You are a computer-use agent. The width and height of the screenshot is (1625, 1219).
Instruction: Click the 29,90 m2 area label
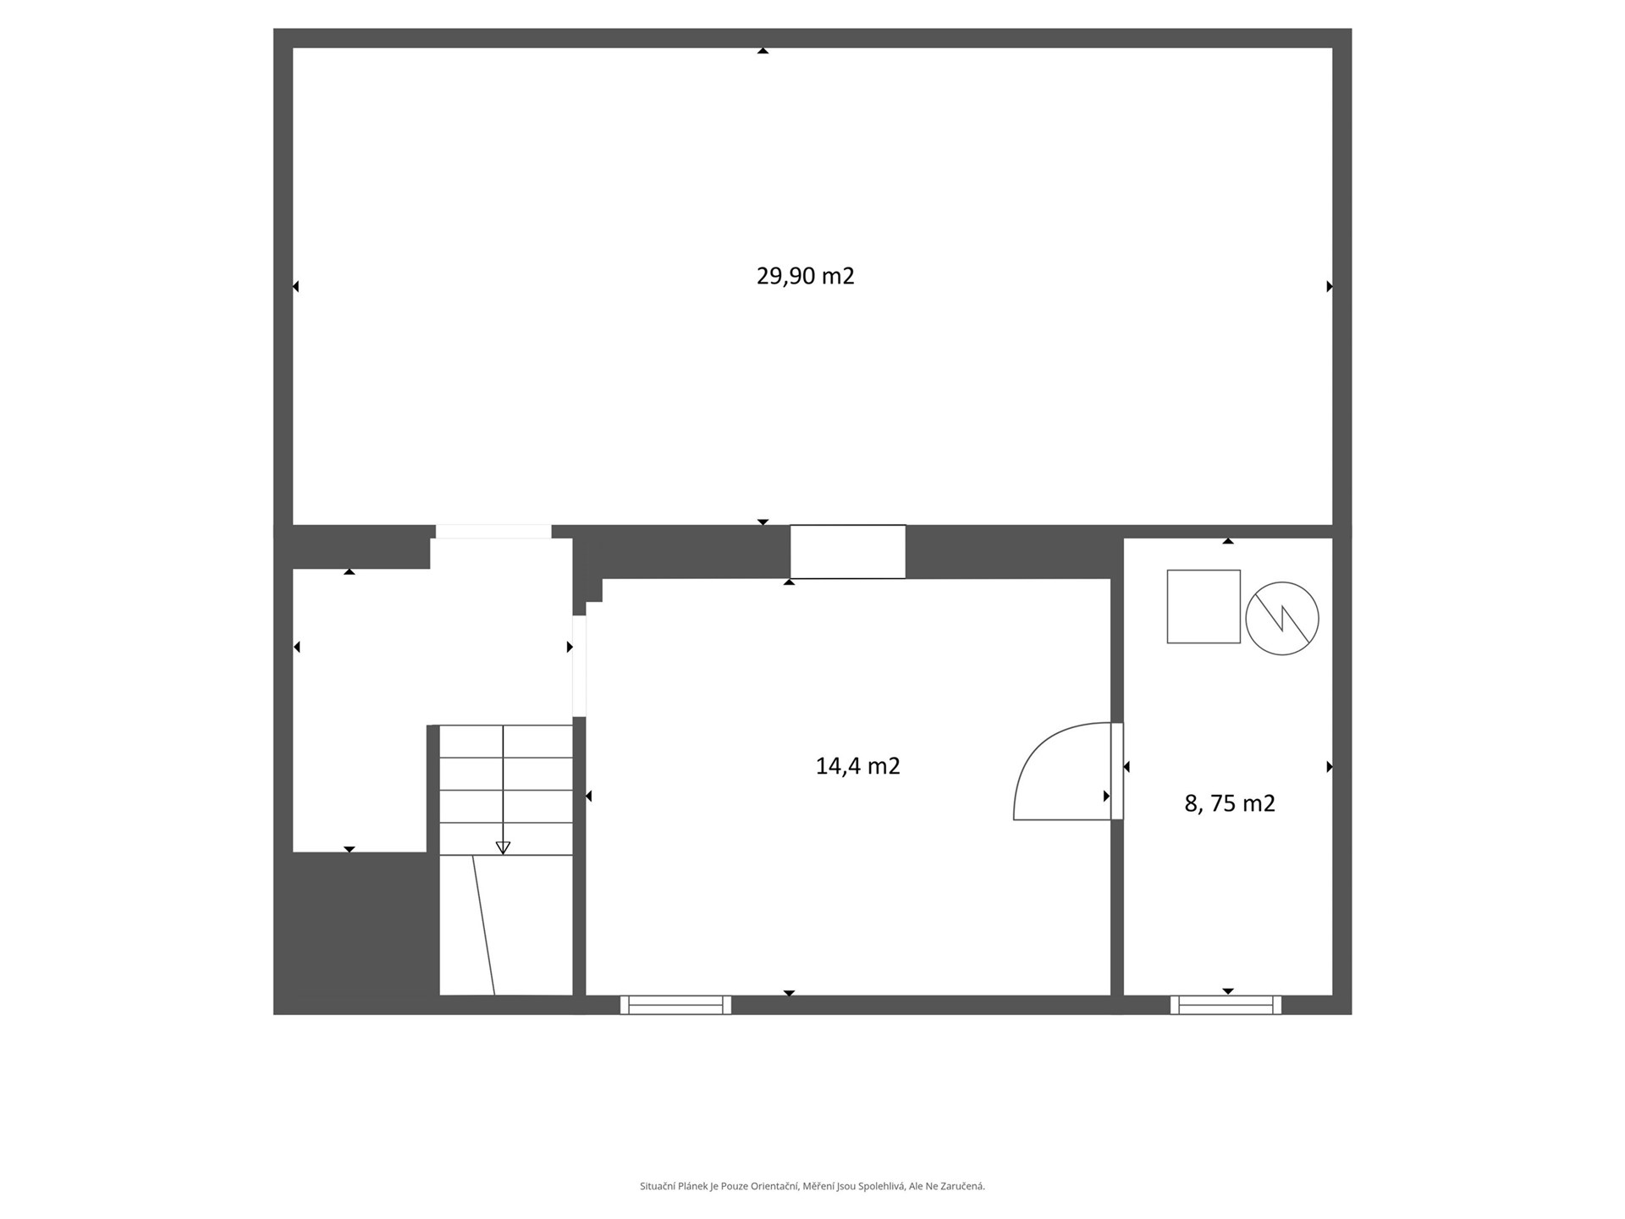point(805,276)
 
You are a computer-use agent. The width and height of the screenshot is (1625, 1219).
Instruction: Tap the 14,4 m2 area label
point(857,766)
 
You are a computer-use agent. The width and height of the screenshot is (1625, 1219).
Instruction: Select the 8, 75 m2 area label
point(1230,803)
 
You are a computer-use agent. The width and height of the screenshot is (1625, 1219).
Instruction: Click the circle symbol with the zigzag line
point(1282,618)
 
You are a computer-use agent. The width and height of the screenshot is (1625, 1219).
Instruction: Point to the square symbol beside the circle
point(1204,606)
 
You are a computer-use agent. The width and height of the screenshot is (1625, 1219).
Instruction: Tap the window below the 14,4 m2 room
point(675,1005)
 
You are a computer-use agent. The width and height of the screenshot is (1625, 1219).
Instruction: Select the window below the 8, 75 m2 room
point(1226,1005)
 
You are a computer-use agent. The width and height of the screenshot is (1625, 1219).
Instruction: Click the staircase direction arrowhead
point(503,847)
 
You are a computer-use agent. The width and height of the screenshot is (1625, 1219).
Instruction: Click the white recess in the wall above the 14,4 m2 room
point(848,552)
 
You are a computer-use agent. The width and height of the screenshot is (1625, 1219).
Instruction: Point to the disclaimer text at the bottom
point(812,1187)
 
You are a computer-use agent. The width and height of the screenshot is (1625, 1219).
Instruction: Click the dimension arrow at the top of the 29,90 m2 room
point(763,51)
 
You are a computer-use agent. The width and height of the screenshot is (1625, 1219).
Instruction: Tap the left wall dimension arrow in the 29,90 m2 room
point(295,287)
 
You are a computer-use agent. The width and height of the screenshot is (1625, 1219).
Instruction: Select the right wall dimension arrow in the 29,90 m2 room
point(1330,287)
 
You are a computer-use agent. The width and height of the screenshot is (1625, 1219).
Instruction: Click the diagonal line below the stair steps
point(483,925)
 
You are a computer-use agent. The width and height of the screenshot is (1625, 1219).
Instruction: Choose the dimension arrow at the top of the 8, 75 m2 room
point(1228,540)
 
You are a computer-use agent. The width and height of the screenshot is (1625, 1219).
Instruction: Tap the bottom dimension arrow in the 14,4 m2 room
point(789,993)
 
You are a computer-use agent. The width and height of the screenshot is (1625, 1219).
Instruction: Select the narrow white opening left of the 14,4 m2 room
point(580,666)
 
